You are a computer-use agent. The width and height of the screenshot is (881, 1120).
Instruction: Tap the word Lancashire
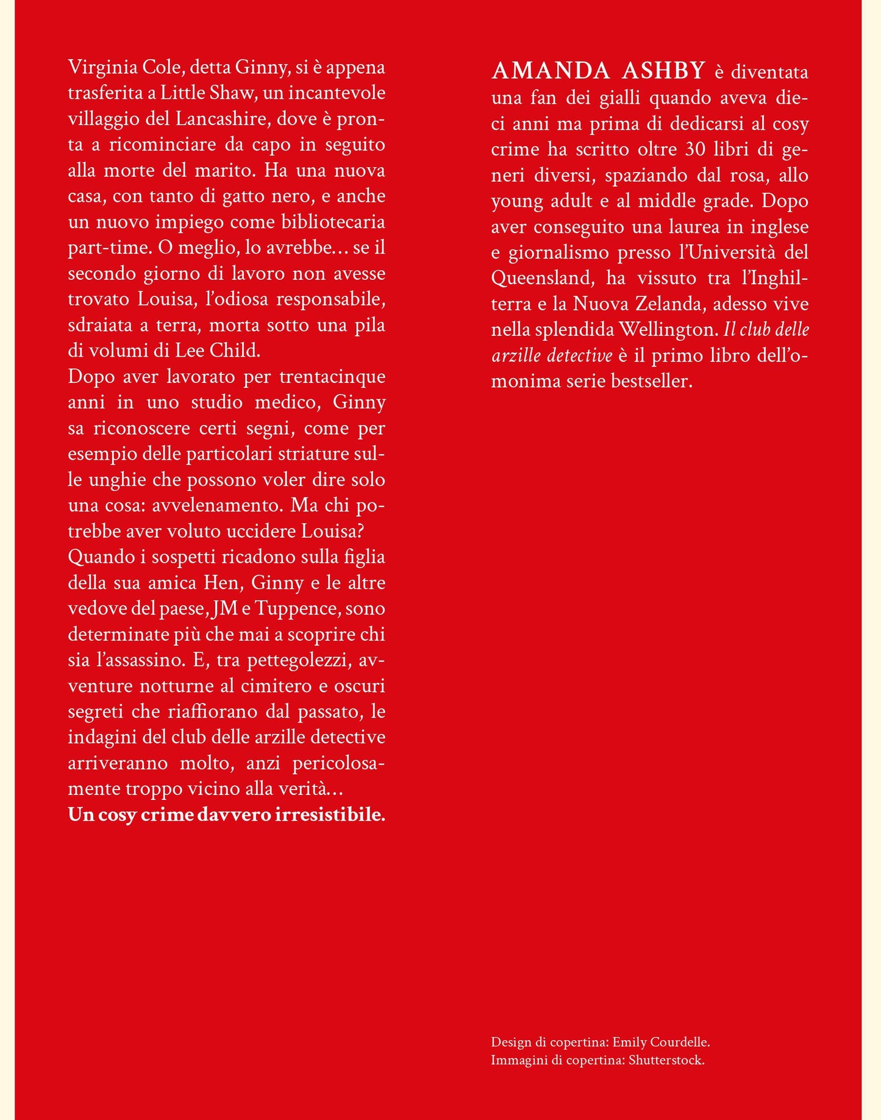[x=223, y=118]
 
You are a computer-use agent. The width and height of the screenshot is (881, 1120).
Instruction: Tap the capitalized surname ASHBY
[x=664, y=71]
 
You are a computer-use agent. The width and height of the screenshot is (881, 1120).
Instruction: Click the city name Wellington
[x=668, y=330]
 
